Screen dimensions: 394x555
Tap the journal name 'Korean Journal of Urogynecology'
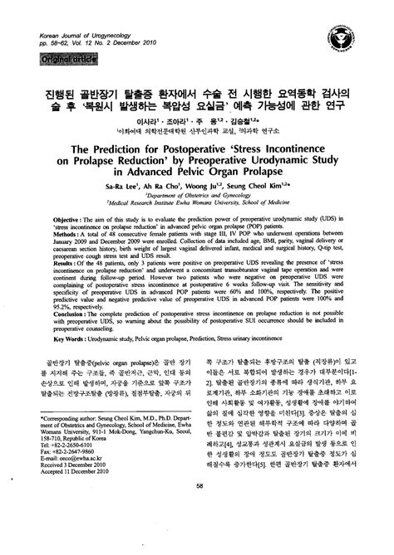[x=88, y=38]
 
